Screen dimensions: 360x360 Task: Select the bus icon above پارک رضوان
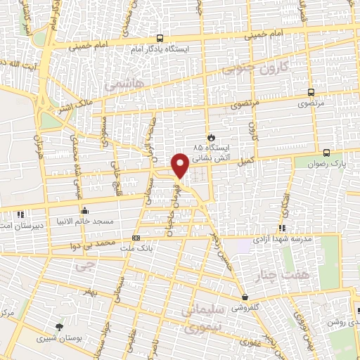click(x=327, y=152)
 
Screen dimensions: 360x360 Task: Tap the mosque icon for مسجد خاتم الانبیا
click(x=84, y=210)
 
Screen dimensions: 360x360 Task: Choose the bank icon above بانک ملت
click(x=136, y=238)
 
